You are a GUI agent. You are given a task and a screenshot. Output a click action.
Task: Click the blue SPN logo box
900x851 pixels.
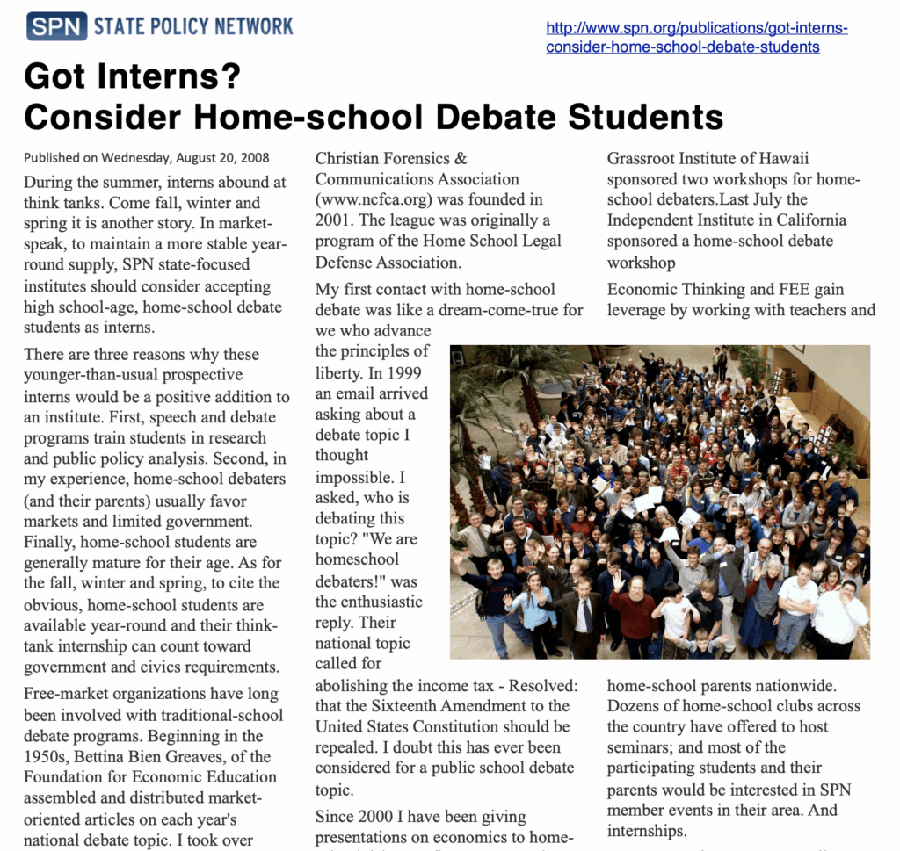tap(57, 25)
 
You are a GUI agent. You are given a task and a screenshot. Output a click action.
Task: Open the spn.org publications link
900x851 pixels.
tap(696, 37)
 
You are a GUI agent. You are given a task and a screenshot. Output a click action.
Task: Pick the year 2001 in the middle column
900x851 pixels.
tap(333, 220)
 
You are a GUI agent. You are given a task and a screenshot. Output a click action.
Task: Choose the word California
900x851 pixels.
tap(802, 220)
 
